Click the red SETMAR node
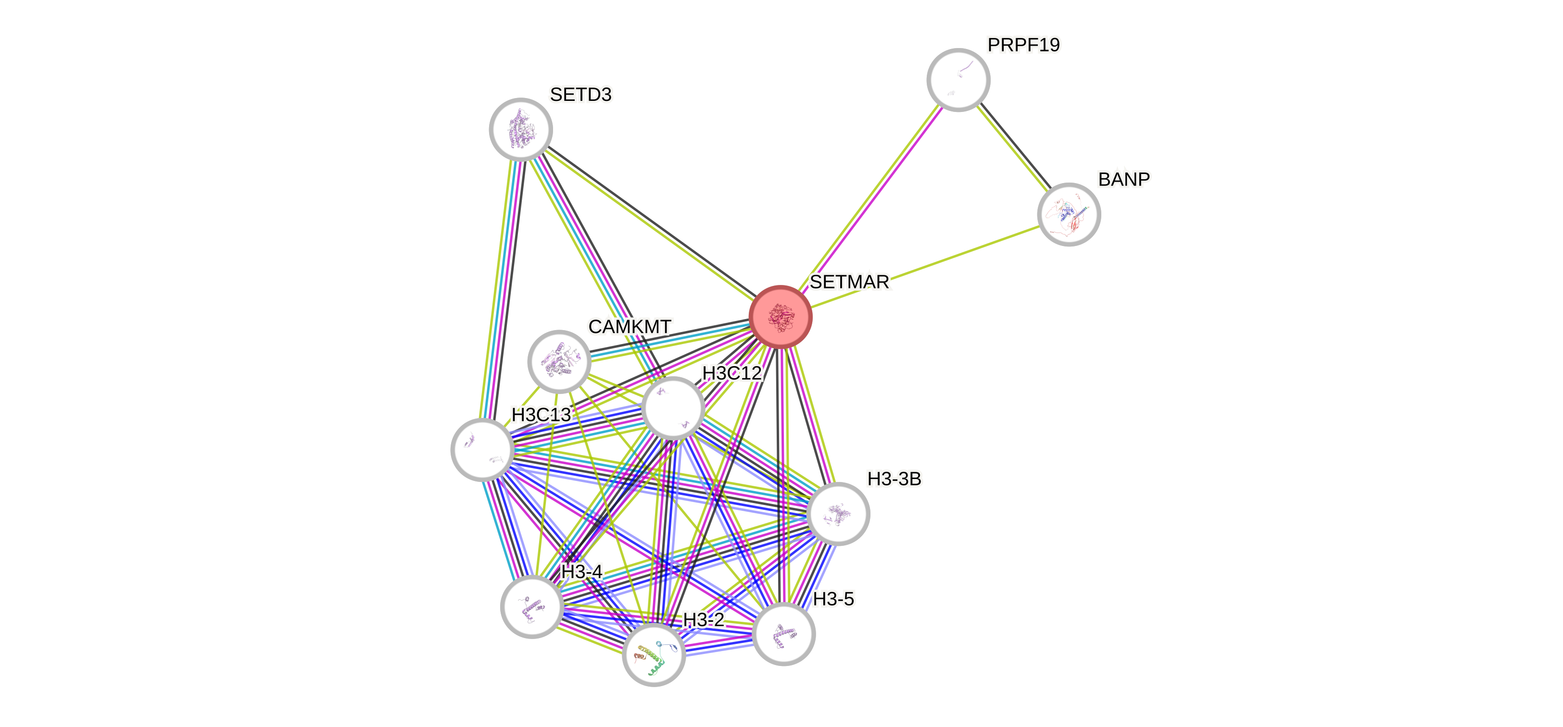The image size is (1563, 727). pyautogui.click(x=780, y=317)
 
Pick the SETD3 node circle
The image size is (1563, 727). pyautogui.click(x=520, y=129)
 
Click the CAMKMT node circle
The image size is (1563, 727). pyautogui.click(x=559, y=361)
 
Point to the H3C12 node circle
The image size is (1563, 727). pyautogui.click(x=672, y=408)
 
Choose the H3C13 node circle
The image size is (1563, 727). pyautogui.click(x=482, y=449)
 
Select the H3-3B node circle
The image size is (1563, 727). pyautogui.click(x=838, y=514)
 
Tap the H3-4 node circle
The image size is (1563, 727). pyautogui.click(x=531, y=607)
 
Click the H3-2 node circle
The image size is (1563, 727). pyautogui.click(x=654, y=654)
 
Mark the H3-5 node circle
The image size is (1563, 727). pyautogui.click(x=783, y=634)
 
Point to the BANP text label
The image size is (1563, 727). pyautogui.click(x=1124, y=179)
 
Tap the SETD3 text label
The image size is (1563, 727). pyautogui.click(x=580, y=95)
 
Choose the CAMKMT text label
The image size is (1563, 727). pyautogui.click(x=630, y=327)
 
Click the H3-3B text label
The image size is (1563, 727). pyautogui.click(x=894, y=479)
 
